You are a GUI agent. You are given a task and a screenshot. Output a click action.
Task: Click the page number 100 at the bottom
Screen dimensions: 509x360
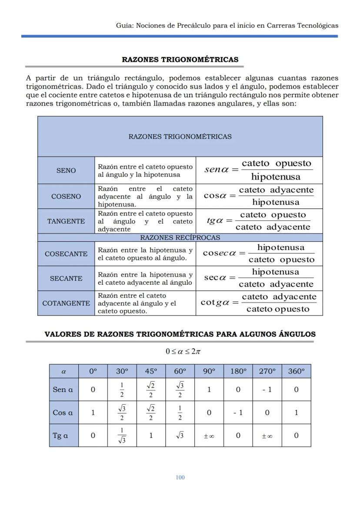click(x=180, y=477)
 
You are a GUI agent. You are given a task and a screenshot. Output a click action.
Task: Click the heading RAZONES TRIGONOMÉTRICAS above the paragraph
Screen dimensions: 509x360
click(x=180, y=60)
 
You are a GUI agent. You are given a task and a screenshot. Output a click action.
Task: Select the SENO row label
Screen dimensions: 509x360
click(x=66, y=171)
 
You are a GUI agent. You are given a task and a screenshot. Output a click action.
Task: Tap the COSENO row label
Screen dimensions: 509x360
click(x=66, y=196)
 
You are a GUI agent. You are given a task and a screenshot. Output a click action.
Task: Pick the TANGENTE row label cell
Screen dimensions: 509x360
click(x=66, y=221)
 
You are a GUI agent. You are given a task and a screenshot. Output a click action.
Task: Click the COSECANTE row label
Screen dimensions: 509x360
click(x=66, y=254)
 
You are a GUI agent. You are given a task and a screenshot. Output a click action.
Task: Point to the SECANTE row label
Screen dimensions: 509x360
click(x=66, y=279)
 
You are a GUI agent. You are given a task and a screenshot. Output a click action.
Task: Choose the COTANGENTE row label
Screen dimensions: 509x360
click(x=66, y=303)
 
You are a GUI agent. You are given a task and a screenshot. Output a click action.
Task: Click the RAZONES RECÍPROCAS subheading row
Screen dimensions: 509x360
click(x=180, y=238)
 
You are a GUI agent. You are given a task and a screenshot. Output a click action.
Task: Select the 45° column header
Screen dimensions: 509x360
click(x=151, y=371)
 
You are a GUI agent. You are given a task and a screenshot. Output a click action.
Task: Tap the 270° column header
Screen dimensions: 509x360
click(x=267, y=371)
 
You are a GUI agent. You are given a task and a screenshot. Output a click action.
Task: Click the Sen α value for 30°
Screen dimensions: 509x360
click(x=122, y=389)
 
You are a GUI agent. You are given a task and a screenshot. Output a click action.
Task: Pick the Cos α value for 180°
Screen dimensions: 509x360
click(x=238, y=413)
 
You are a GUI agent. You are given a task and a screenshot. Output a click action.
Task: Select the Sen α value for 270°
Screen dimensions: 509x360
click(x=267, y=389)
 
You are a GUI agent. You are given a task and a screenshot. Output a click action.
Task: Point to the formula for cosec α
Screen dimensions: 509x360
click(x=259, y=253)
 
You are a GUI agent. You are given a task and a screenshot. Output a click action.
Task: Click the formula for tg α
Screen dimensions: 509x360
click(x=259, y=221)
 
